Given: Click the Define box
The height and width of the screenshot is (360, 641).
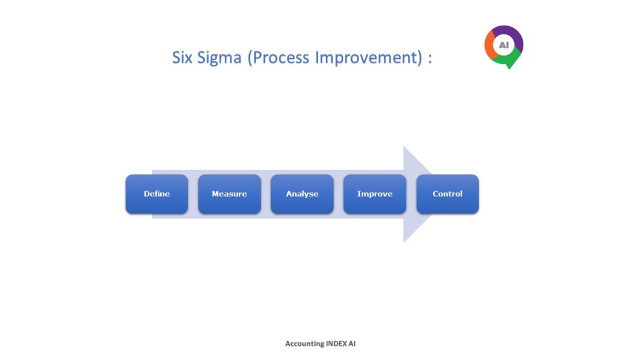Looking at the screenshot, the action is point(156,194).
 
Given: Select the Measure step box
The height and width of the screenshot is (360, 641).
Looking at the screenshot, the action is point(229,194).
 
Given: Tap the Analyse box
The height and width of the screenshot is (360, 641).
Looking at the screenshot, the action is point(302,194).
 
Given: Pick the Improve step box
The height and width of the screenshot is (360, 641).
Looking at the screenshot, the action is point(375,194).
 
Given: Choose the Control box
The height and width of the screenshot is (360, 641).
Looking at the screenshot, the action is point(448,194).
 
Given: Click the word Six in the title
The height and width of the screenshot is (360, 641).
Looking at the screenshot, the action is point(182,57).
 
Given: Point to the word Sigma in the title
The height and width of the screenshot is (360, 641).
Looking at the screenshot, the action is point(219,58).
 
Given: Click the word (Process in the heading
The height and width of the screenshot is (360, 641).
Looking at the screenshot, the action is point(279,58).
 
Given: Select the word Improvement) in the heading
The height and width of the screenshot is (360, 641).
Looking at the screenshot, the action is point(368,58).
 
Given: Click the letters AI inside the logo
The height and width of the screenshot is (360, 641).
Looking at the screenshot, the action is point(504,45).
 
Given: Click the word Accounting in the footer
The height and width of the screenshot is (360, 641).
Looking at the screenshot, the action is point(305,344).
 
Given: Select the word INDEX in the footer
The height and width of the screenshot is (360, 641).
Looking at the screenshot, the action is point(336,344).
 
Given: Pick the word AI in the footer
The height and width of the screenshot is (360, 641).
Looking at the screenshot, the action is point(352,344).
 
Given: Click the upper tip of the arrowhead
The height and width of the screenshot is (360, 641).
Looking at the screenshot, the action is point(404,146).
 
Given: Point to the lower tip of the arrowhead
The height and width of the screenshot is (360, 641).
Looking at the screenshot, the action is point(404,242).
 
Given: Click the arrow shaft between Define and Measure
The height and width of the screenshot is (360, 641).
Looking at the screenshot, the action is point(193,194).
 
